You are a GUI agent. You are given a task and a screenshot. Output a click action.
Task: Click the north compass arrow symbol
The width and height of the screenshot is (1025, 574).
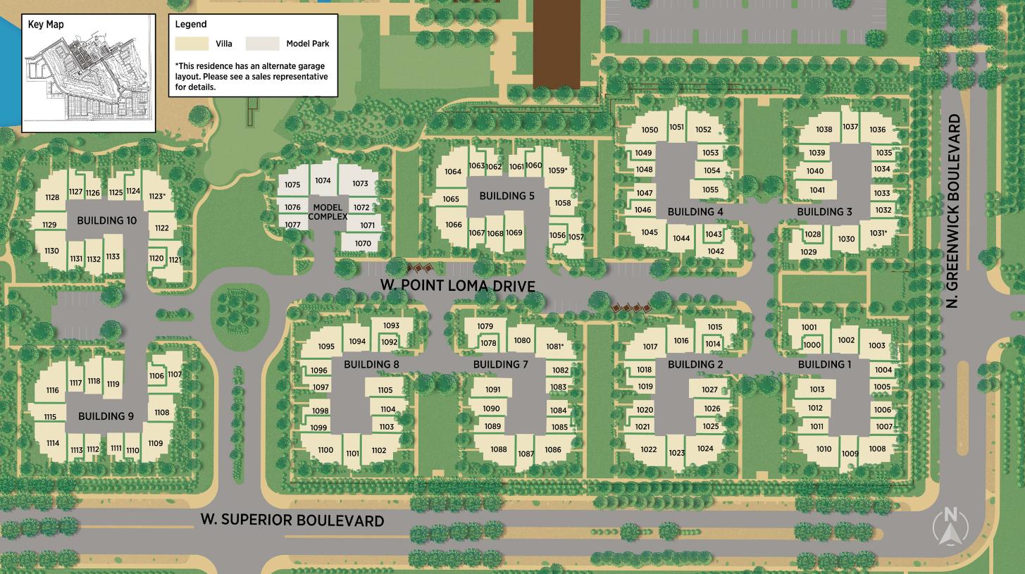click(x=950, y=528)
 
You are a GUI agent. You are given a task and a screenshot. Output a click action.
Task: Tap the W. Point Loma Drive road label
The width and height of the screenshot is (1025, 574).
click(x=458, y=285)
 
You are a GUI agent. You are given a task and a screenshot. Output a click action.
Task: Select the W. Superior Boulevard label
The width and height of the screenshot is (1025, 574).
click(x=292, y=520)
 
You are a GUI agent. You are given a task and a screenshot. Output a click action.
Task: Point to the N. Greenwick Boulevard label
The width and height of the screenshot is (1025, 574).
click(x=955, y=211)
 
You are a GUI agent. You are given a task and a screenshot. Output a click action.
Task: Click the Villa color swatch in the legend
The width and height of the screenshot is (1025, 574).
click(x=192, y=44)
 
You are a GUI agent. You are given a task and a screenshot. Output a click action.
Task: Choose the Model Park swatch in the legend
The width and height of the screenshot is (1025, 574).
click(x=262, y=44)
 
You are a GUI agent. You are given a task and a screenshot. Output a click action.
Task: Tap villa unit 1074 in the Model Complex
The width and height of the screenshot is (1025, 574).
click(x=323, y=181)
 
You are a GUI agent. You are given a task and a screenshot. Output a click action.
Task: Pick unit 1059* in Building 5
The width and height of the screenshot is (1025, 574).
click(x=557, y=170)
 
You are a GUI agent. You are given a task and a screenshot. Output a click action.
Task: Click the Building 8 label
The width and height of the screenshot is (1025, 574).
click(x=371, y=364)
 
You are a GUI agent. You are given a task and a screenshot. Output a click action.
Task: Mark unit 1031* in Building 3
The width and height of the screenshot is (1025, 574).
click(x=878, y=233)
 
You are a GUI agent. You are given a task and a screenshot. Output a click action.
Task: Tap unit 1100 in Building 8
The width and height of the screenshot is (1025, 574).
click(x=325, y=450)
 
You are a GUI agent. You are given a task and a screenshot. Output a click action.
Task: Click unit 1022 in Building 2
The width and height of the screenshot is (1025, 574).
click(x=648, y=449)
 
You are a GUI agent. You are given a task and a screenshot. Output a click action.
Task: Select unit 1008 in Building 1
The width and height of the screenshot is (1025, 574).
click(x=877, y=449)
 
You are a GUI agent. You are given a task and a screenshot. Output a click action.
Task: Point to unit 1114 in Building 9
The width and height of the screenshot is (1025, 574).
click(x=52, y=443)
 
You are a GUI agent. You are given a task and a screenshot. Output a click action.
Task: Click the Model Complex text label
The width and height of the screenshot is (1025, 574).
click(x=328, y=212)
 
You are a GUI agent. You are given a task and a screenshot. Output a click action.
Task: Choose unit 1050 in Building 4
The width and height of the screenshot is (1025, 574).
click(x=650, y=130)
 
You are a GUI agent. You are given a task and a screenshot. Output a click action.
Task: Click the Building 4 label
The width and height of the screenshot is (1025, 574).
click(x=695, y=211)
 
